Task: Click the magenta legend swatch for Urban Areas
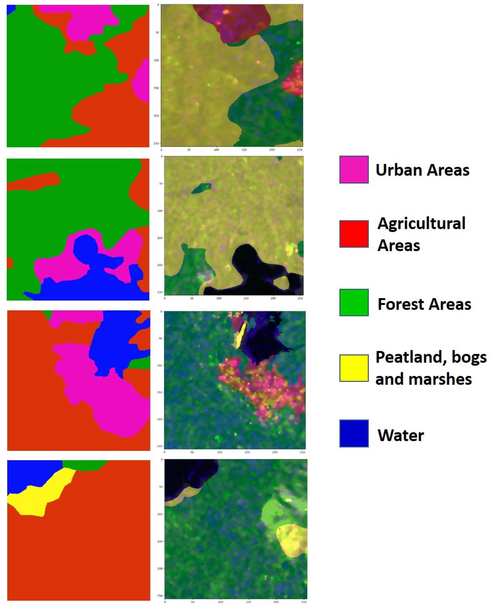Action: (x=354, y=170)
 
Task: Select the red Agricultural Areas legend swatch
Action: (x=354, y=234)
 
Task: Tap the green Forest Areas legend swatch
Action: (x=354, y=303)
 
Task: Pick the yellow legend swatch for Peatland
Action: (x=354, y=368)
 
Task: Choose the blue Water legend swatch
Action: (x=354, y=433)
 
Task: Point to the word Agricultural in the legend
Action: (x=422, y=223)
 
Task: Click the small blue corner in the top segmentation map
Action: (x=10, y=9)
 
